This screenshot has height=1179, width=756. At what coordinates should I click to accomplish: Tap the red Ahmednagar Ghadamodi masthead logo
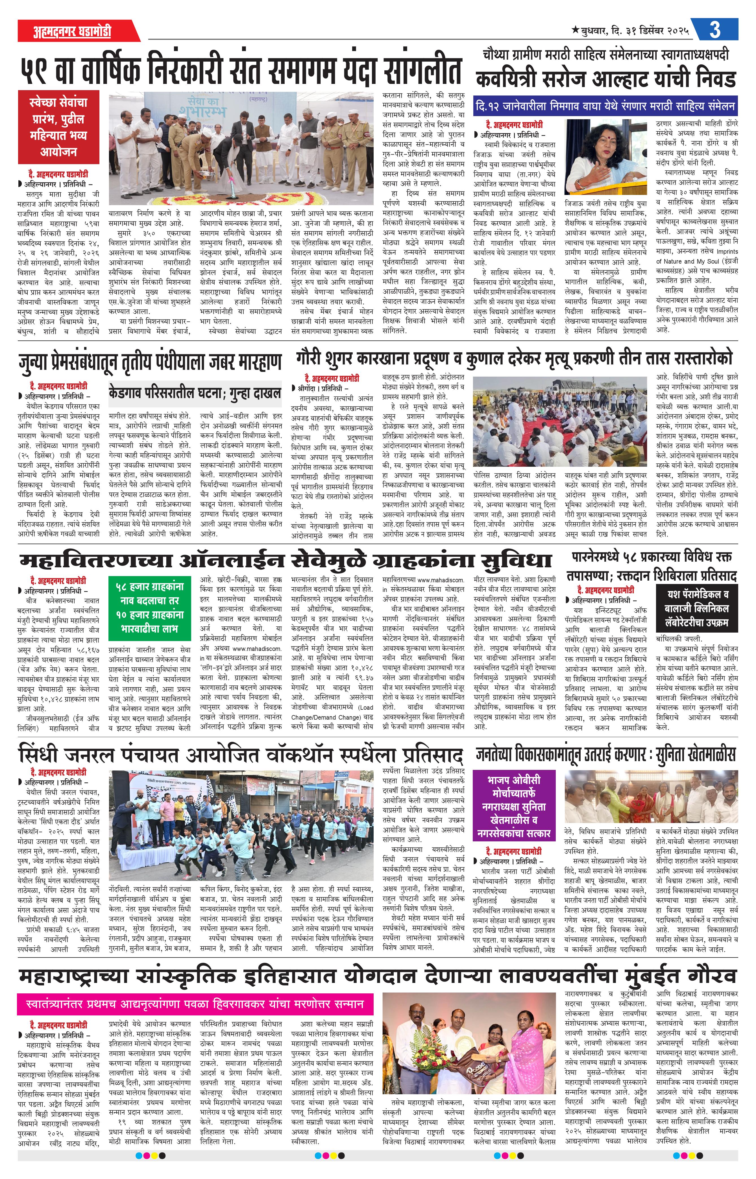click(x=72, y=31)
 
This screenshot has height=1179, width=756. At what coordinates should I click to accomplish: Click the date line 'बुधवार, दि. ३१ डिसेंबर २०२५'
click(x=633, y=31)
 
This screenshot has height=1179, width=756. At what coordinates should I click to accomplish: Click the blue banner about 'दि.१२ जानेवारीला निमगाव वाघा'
click(x=605, y=106)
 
